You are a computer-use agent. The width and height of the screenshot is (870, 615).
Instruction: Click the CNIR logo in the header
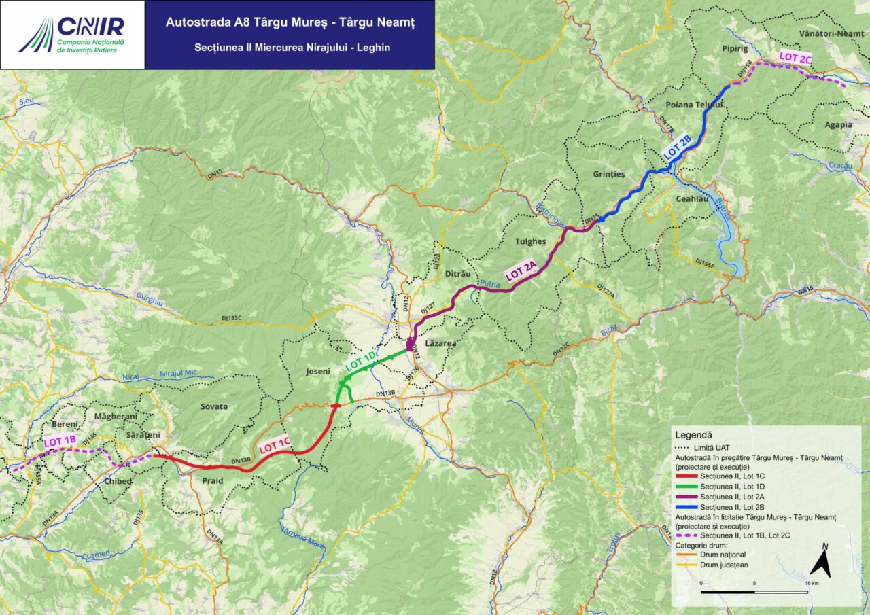click(72, 35)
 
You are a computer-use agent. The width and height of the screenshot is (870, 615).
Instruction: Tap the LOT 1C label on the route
click(275, 444)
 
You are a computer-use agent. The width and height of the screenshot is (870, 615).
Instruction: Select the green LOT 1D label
click(360, 359)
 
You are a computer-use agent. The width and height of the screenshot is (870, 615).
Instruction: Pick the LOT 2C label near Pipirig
click(795, 58)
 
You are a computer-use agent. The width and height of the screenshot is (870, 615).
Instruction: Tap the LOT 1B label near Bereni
click(60, 441)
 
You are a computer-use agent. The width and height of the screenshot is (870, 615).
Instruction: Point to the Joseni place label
click(317, 372)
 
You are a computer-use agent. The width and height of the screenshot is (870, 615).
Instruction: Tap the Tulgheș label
click(532, 241)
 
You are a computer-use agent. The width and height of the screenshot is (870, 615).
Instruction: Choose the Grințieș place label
click(609, 174)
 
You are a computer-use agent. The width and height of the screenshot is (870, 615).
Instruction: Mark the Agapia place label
click(838, 125)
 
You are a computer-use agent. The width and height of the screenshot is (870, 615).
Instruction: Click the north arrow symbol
click(821, 563)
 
